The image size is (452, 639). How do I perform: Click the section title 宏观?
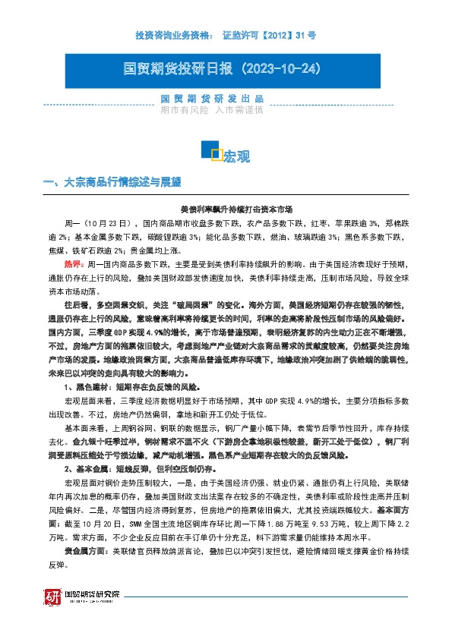pos(236,156)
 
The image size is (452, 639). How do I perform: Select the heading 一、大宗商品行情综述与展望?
pos(112,183)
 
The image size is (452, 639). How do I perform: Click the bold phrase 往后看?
pos(77,304)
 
